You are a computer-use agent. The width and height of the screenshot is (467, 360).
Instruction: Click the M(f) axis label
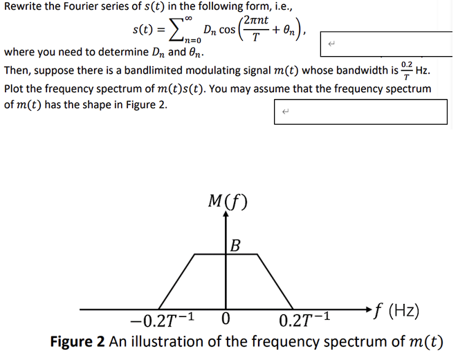[x=227, y=201]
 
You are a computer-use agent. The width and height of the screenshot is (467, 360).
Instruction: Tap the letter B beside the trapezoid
[x=236, y=244]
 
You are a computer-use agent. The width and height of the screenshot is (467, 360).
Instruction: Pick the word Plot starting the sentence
[x=15, y=89]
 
